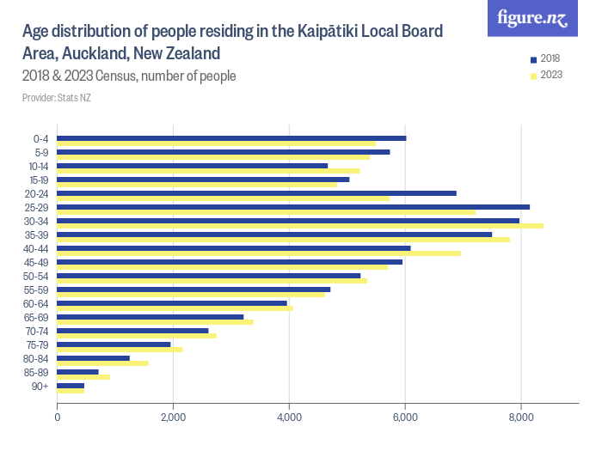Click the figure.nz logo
point(533,19)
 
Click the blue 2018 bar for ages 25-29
point(292,207)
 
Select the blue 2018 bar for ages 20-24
point(256,193)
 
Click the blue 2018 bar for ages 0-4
point(230,138)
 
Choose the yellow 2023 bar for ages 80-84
point(102,363)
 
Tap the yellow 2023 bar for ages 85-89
point(83,377)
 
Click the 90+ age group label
point(41,387)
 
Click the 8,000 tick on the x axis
point(521,418)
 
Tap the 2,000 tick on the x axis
point(173,418)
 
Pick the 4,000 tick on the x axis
point(289,418)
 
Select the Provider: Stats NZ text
point(56,98)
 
